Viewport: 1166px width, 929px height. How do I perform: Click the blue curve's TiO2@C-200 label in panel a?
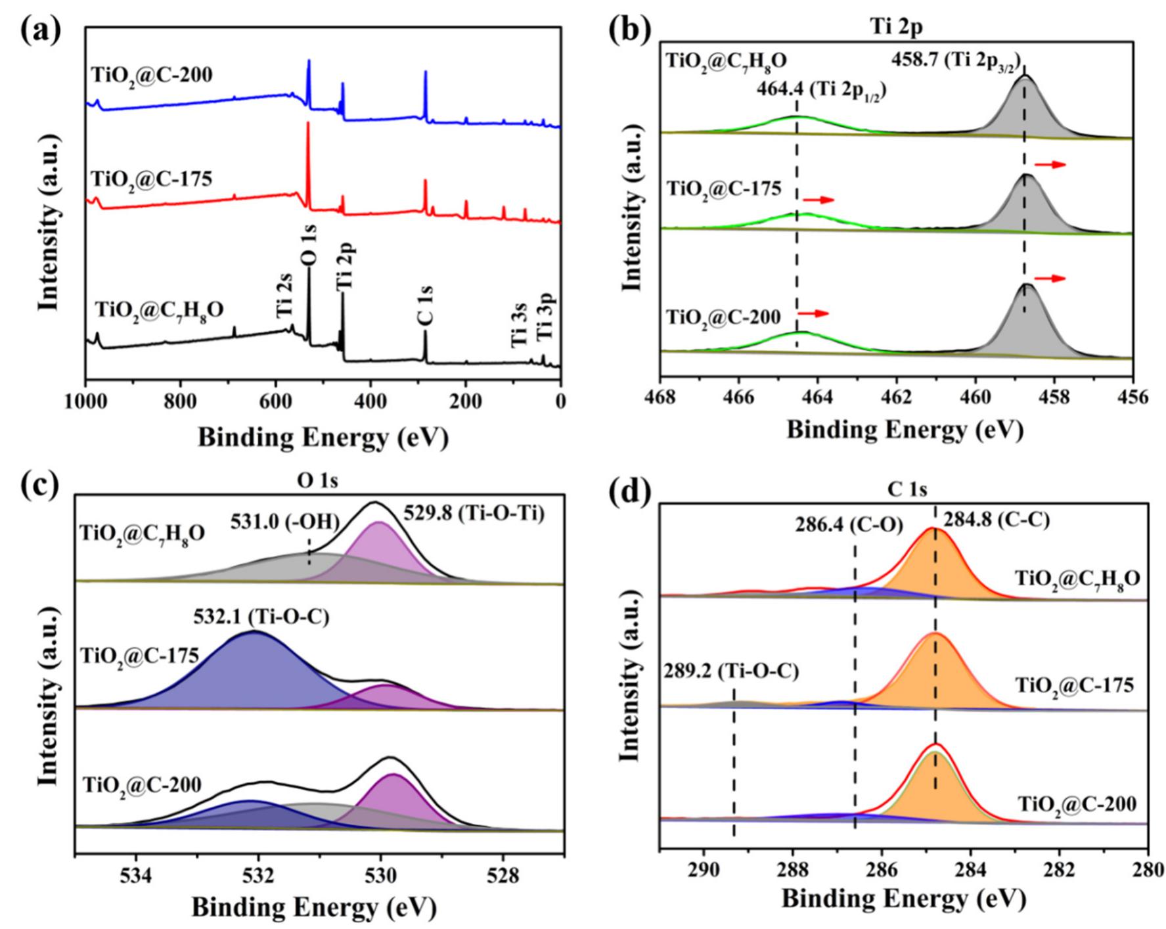152,75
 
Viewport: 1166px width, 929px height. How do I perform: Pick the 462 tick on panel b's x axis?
896,397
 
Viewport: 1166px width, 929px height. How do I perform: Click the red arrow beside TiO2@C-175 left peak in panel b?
818,200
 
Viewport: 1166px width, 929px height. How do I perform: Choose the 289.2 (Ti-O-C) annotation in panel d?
732,671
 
